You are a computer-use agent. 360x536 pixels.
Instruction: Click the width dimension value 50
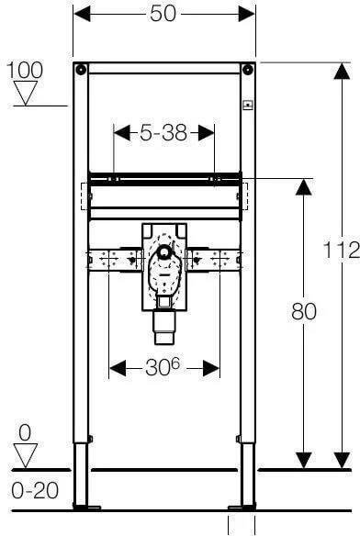coord(163,14)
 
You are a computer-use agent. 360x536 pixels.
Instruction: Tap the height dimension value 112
coord(342,250)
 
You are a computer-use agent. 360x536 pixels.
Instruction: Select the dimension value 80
coord(304,312)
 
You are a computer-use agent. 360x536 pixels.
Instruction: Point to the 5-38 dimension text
coord(163,133)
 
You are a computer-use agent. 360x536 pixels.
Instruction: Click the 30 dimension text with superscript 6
coord(163,367)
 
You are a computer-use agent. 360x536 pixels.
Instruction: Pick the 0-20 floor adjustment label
coord(35,490)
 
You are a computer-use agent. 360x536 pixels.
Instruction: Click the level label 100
coord(25,70)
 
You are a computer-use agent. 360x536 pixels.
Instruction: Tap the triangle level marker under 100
coord(26,93)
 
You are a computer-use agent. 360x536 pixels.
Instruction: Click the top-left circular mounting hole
coord(81,70)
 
